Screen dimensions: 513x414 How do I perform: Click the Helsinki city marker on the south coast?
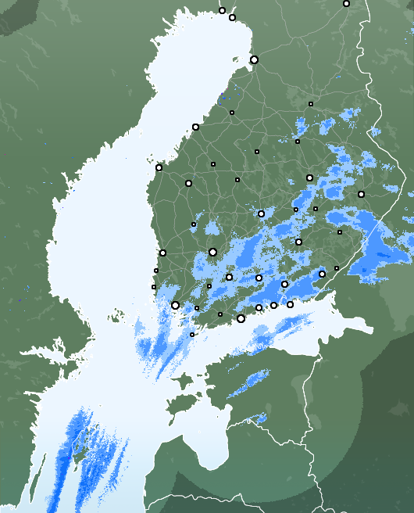click(241, 318)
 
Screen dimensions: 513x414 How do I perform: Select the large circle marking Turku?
click(175, 306)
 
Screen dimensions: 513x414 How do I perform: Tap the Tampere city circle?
click(212, 252)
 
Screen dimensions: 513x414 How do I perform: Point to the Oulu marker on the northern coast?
click(254, 59)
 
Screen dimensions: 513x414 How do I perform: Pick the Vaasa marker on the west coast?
click(159, 167)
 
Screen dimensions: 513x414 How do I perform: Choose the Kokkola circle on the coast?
click(195, 127)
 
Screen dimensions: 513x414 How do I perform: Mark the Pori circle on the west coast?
click(162, 253)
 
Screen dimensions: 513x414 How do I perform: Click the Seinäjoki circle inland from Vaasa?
click(188, 183)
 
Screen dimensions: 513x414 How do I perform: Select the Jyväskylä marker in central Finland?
click(261, 213)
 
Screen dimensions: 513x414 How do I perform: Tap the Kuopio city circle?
click(309, 178)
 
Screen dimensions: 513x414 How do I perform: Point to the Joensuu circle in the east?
click(361, 194)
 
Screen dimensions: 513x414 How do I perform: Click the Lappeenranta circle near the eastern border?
click(322, 274)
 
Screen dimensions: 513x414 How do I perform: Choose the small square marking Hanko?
click(192, 335)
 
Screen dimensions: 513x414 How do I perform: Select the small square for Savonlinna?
click(340, 232)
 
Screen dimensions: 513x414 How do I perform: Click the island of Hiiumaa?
click(182, 382)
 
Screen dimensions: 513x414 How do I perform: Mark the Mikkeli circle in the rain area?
click(298, 242)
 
